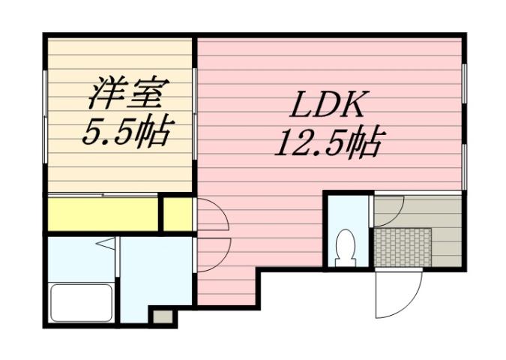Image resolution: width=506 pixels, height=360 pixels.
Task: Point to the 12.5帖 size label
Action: pos(328,142)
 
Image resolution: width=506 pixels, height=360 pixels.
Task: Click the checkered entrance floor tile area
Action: pos(403,247)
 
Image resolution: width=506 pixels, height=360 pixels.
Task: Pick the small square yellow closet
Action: pos(178,214)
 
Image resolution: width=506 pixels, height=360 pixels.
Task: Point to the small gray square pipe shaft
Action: pos(161,316)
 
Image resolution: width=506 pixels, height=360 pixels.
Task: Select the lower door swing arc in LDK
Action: pos(212,255)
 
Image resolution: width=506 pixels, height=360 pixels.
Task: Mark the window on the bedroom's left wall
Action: pos(46,112)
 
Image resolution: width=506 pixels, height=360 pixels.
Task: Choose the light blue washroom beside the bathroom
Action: pos(155,274)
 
